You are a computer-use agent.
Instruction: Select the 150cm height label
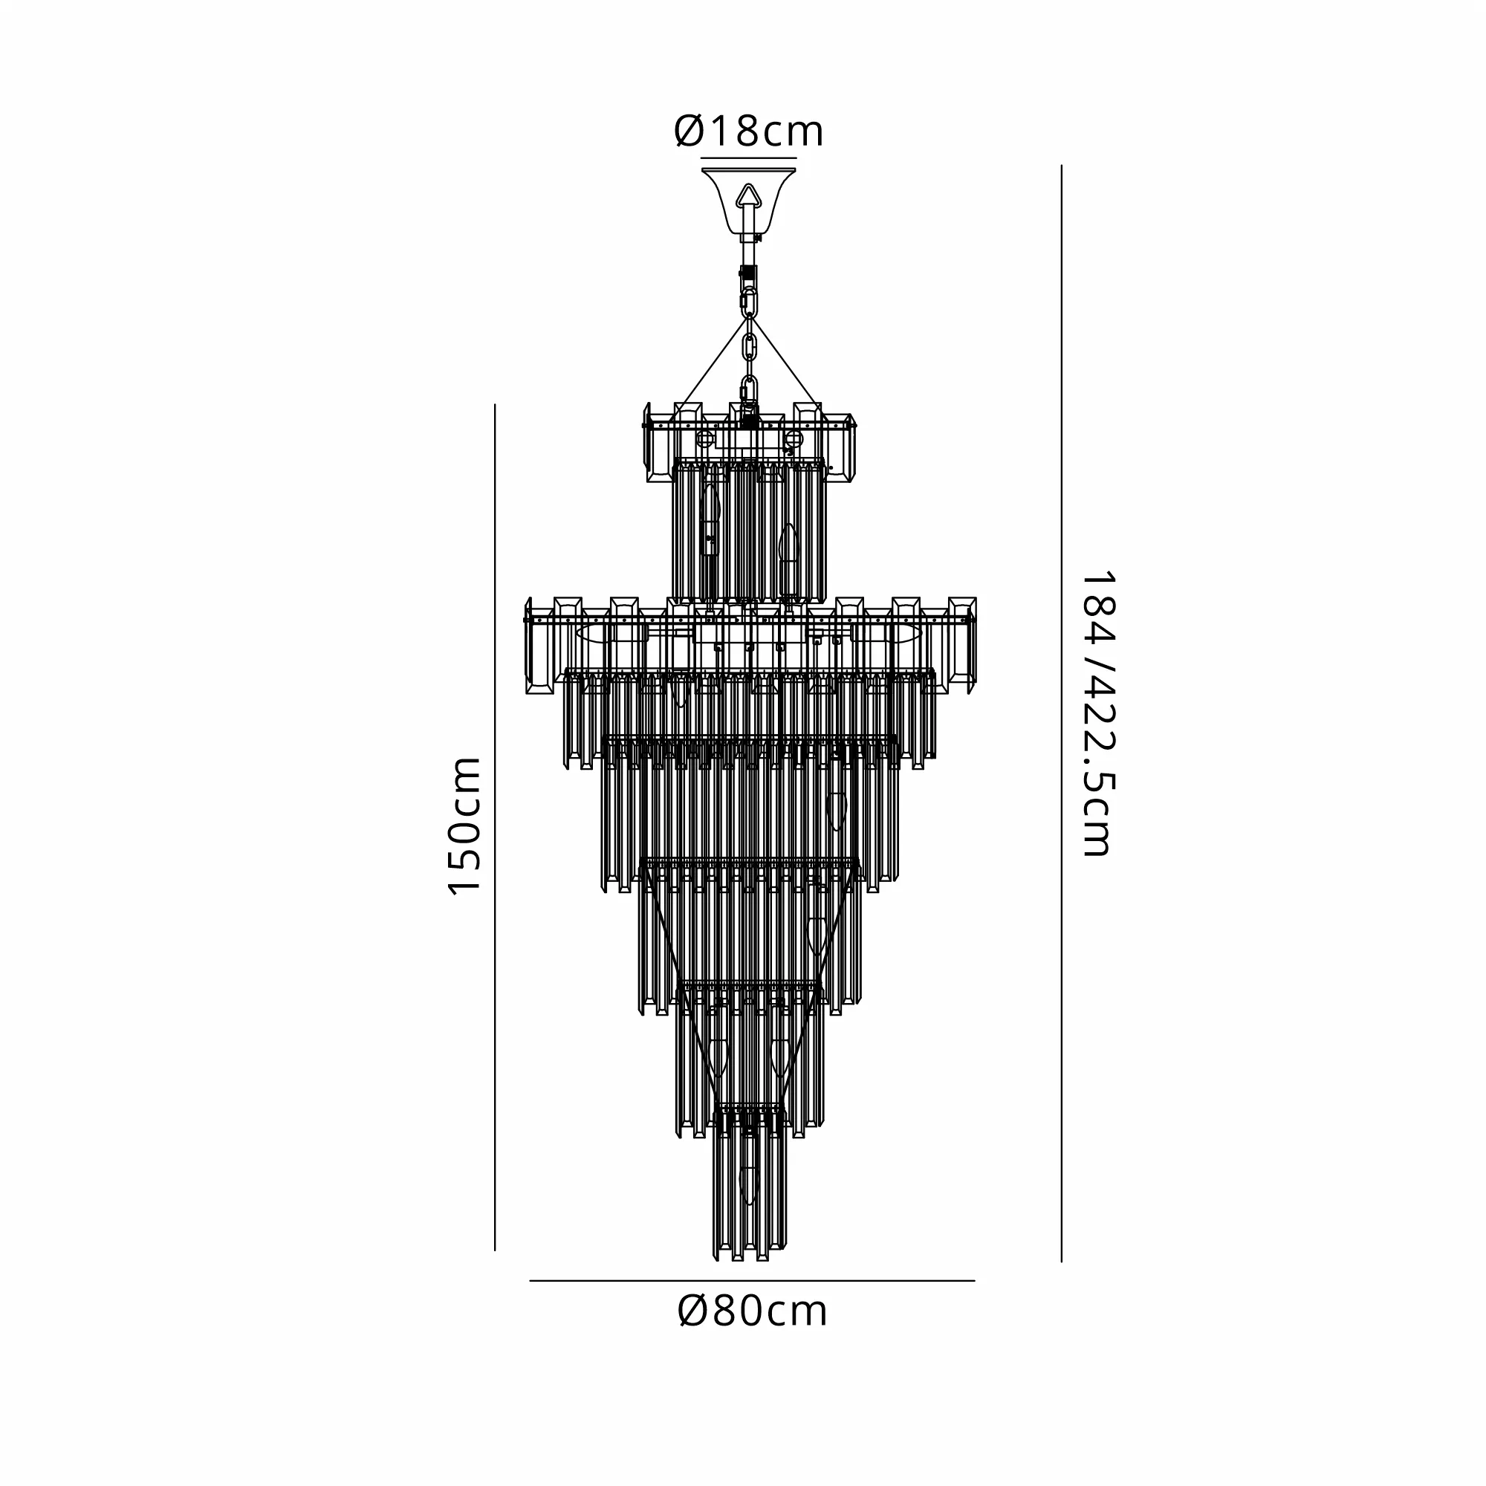click(x=464, y=826)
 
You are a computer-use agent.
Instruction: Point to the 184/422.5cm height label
click(x=1096, y=713)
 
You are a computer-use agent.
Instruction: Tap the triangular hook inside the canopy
click(x=748, y=196)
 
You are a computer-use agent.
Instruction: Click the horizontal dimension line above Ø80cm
click(x=752, y=1281)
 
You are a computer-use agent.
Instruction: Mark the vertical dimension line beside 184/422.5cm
click(x=1062, y=713)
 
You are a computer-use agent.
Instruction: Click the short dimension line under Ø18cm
click(x=748, y=158)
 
